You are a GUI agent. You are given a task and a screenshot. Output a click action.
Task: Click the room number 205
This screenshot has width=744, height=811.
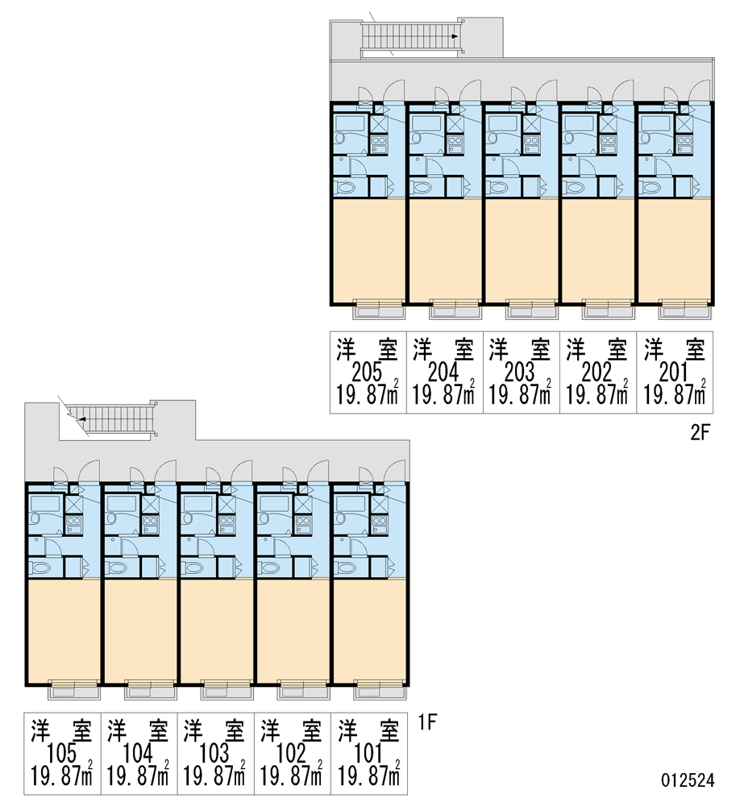tap(367, 372)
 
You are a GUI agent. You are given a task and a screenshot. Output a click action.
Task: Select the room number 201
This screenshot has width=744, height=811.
tap(674, 372)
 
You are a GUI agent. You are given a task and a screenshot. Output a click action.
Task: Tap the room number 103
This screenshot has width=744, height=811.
tap(214, 754)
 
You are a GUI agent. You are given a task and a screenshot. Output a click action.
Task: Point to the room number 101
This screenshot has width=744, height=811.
tap(368, 754)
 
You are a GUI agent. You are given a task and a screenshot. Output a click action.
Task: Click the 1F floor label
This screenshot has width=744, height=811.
tap(427, 722)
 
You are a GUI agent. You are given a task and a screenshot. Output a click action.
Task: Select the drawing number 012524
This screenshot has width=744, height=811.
tap(688, 780)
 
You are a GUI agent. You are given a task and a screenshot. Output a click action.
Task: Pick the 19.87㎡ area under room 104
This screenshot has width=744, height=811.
tap(138, 776)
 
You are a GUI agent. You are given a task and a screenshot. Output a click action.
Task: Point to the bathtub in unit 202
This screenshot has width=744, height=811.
tap(580, 123)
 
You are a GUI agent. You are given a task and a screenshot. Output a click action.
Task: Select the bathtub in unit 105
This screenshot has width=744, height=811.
tap(45, 504)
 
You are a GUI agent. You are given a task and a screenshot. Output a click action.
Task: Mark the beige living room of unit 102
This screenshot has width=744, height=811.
tap(293, 631)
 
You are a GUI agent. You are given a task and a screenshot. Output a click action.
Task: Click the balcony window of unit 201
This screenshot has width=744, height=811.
tap(684, 302)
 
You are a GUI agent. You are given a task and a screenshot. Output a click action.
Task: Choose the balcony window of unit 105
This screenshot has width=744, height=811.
tap(74, 684)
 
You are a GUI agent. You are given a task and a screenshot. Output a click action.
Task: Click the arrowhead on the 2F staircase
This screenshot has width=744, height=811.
tap(454, 36)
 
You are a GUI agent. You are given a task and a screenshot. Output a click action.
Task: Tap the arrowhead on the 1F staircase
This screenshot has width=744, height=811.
tap(81, 419)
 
